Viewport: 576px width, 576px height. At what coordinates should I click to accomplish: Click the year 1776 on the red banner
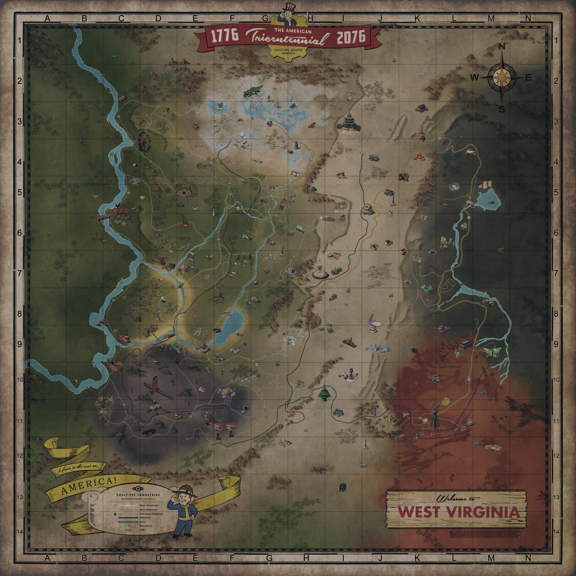(225, 36)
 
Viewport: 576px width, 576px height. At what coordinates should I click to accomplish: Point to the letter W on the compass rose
(474, 78)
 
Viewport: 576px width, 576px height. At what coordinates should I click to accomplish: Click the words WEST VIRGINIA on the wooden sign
(459, 513)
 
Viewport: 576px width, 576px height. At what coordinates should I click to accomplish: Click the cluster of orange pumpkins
(418, 157)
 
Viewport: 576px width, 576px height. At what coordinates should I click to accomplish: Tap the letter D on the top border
(158, 19)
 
